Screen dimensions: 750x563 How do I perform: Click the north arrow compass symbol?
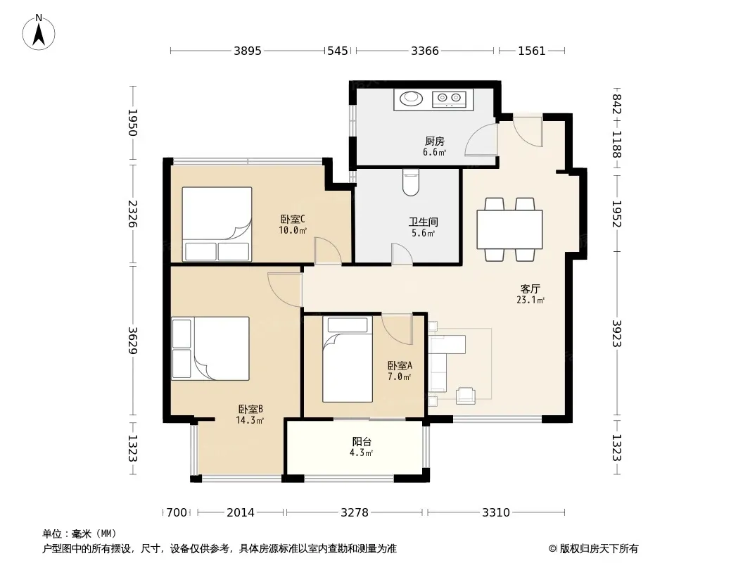(39, 32)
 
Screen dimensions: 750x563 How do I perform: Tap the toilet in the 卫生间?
(411, 182)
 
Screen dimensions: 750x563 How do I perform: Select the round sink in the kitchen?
(412, 99)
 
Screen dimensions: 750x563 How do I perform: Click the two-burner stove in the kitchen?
(449, 99)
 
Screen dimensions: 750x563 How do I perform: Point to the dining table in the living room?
(509, 229)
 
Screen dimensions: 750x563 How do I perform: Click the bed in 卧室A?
(348, 359)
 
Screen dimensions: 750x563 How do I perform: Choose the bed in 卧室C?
(217, 224)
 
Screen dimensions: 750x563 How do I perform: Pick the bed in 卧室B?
(210, 348)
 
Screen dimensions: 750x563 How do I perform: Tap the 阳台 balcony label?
(362, 442)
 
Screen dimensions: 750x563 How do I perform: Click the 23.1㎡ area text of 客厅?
(530, 301)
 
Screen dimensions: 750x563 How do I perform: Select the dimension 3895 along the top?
(247, 51)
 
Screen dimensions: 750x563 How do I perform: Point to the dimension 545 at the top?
(337, 51)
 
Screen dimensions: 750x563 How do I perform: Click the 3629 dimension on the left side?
(132, 341)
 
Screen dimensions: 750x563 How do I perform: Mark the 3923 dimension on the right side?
(617, 334)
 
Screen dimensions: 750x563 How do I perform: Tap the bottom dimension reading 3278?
(355, 513)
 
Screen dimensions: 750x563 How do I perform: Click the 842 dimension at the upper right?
(617, 104)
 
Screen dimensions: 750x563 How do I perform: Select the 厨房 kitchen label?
(434, 141)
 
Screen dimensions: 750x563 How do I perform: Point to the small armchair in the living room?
(465, 396)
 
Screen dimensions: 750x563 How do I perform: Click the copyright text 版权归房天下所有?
(598, 549)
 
